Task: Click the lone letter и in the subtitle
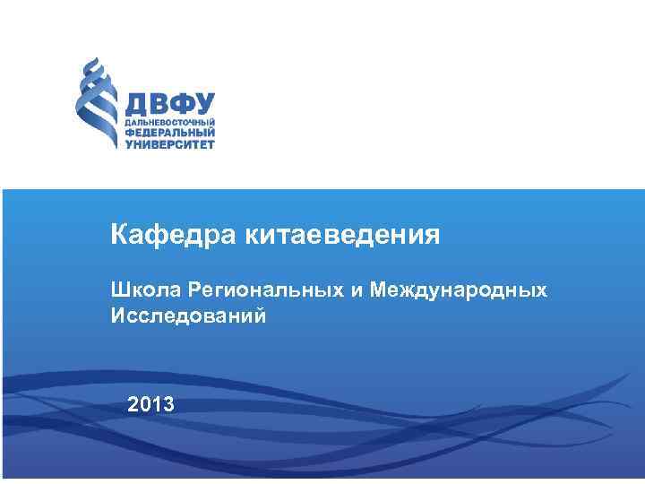pos(359,290)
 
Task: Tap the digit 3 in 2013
pos(169,404)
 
